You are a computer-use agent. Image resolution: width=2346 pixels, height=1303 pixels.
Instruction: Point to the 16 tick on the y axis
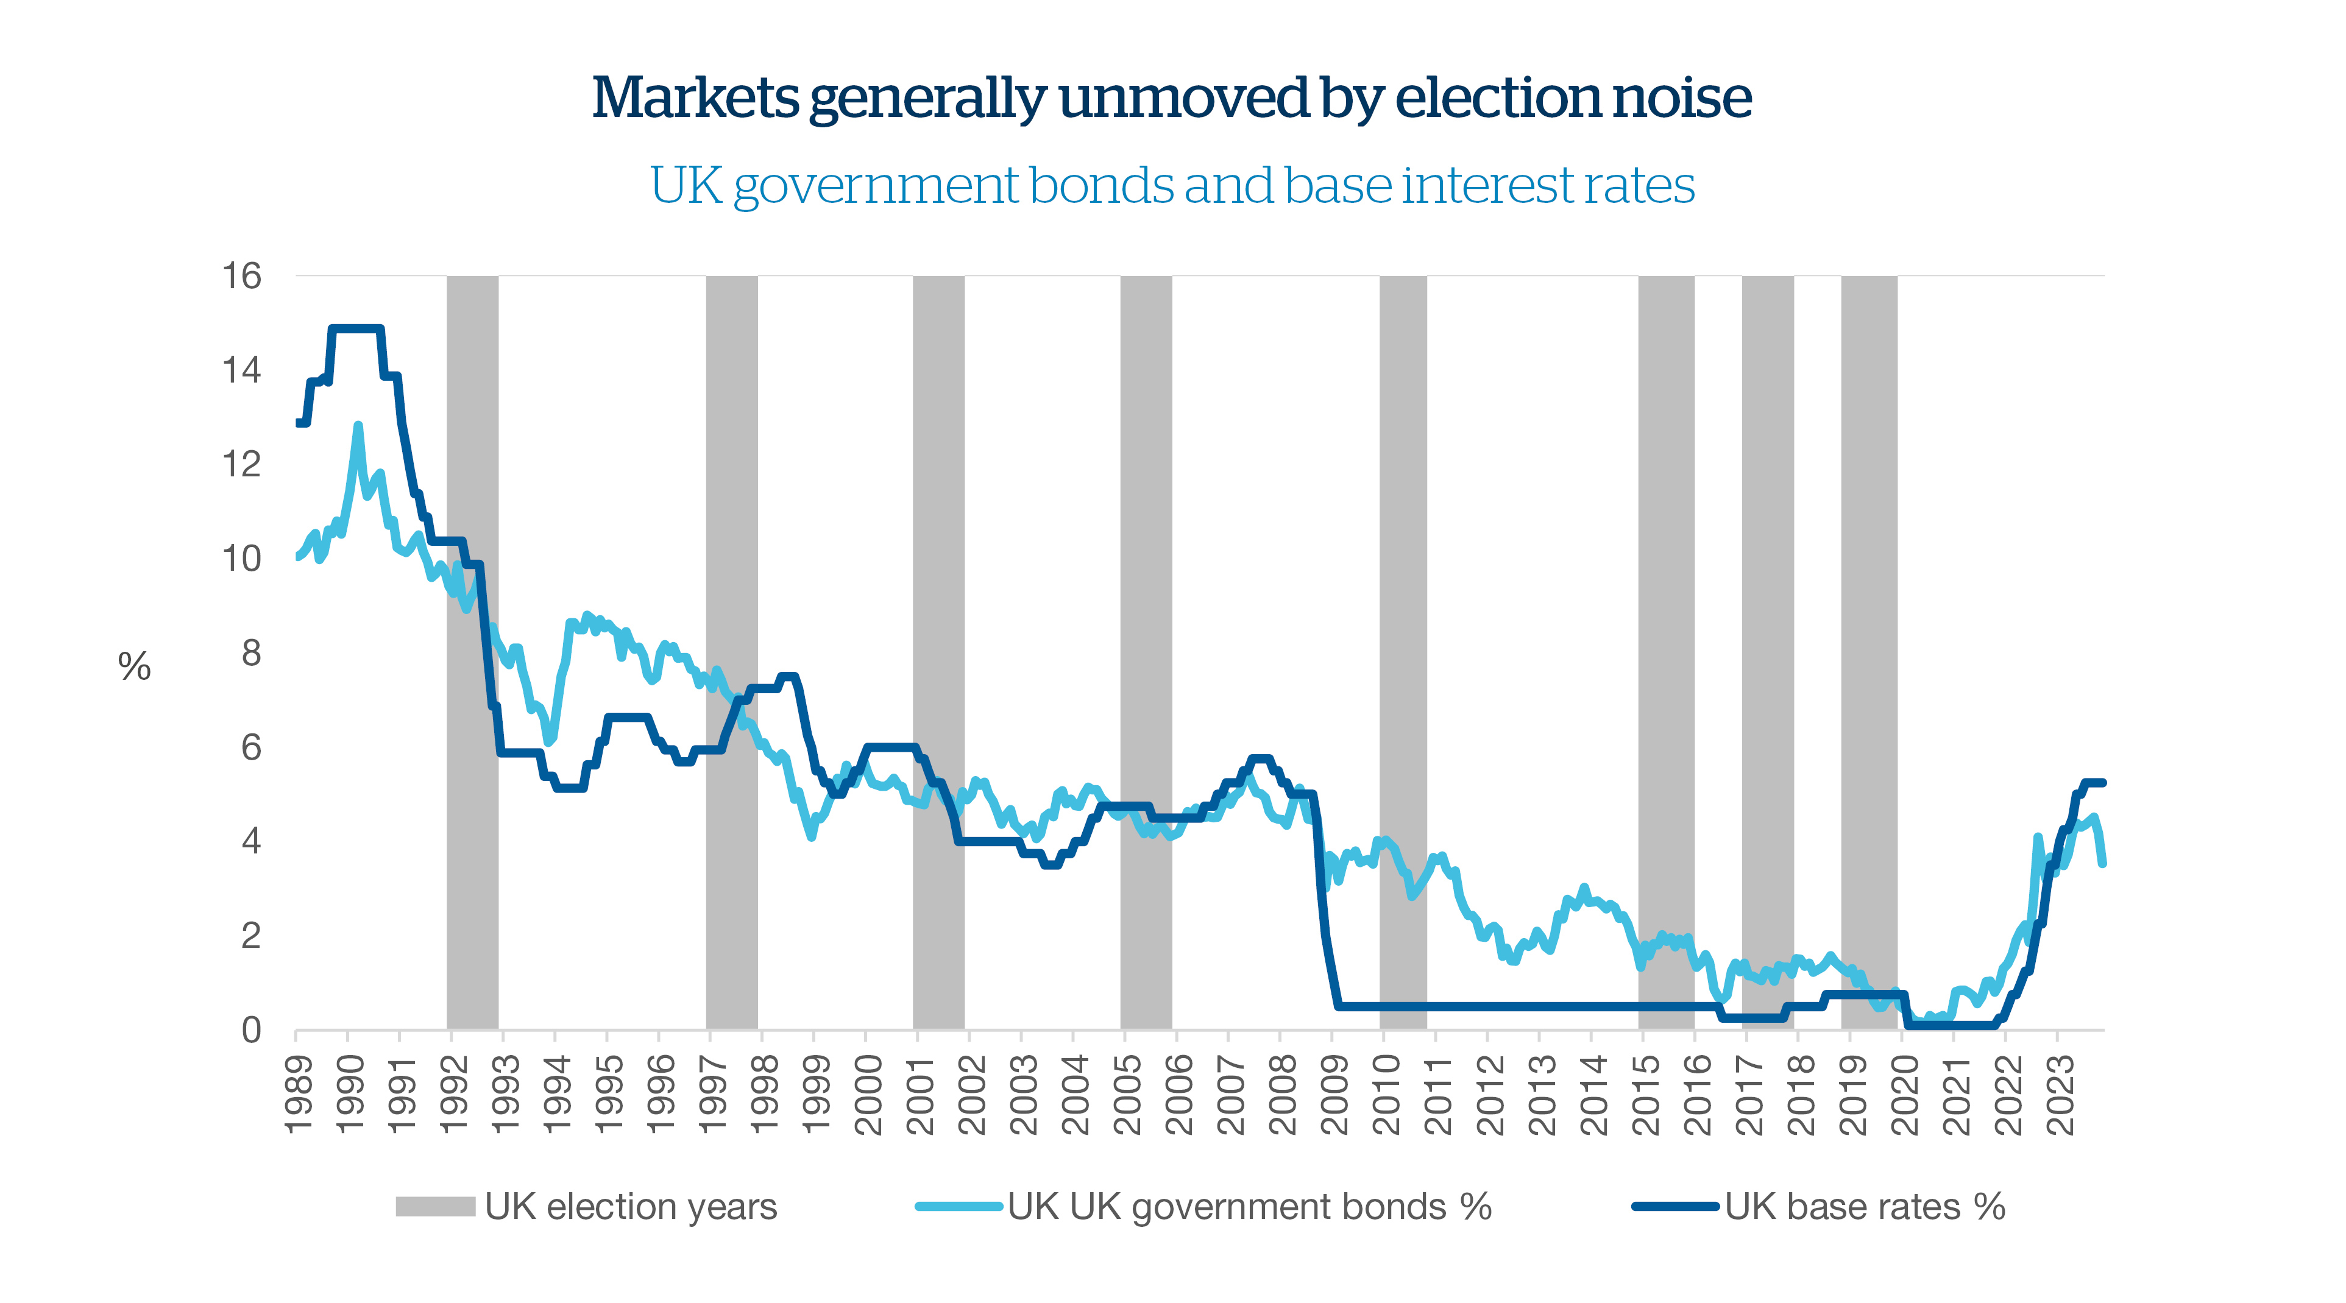click(243, 276)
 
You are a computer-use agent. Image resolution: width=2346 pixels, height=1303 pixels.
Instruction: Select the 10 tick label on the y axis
click(243, 558)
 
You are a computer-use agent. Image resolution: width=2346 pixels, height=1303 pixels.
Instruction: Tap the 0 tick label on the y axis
click(251, 1030)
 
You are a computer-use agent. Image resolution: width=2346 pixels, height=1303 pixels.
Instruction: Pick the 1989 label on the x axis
click(299, 1095)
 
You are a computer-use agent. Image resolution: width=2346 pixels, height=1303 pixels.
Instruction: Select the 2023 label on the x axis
click(2060, 1095)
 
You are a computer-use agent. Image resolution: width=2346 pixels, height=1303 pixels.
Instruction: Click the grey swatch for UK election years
click(435, 1207)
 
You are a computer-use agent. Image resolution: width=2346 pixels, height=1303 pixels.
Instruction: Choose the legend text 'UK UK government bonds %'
click(1250, 1207)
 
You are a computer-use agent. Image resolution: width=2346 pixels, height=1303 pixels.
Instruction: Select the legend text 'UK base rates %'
click(1864, 1207)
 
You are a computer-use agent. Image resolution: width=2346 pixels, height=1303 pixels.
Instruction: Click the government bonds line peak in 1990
click(358, 425)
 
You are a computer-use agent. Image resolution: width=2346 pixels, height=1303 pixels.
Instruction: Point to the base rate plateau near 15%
click(356, 329)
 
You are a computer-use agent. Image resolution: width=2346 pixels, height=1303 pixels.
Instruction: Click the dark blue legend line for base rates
click(1676, 1207)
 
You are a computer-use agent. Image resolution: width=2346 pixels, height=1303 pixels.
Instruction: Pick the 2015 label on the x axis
click(1646, 1095)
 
